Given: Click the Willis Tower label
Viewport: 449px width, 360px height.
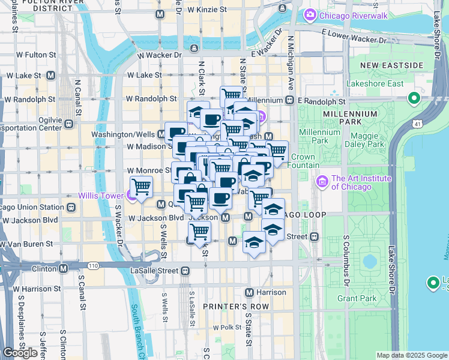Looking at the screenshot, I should pos(100,196).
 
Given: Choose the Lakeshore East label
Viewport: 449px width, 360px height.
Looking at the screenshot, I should pos(375,83).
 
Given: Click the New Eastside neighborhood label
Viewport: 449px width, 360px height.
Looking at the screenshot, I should pos(391,65).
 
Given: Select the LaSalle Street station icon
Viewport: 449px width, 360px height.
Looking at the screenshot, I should pos(184,271).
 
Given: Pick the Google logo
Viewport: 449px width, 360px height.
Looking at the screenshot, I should pos(20,353).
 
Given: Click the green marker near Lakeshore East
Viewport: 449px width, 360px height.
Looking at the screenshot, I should pos(414,98).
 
